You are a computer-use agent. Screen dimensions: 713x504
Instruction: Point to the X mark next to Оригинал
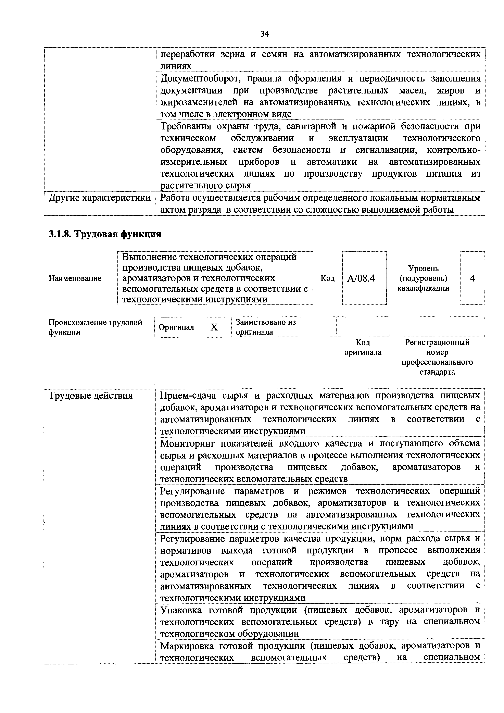tap(214, 327)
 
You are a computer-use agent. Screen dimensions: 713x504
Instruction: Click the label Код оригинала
tap(363, 347)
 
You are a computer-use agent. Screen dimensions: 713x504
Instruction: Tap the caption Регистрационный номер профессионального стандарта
tap(437, 357)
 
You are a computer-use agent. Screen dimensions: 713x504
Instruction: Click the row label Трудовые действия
tap(90, 396)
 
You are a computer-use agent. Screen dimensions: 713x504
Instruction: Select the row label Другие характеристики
tap(99, 198)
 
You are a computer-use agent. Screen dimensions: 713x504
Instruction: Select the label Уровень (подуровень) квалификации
tap(423, 278)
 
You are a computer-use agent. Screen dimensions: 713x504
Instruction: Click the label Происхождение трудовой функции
tap(95, 327)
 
